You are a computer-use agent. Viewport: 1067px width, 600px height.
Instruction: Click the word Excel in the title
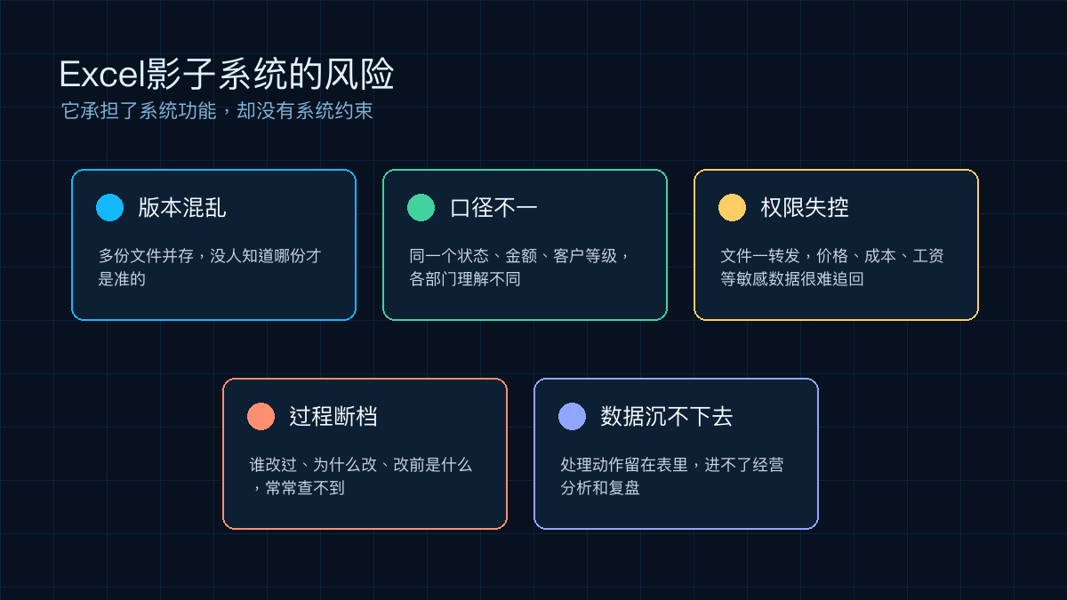click(x=102, y=75)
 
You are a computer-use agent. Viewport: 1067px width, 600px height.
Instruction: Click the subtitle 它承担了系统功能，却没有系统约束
click(x=217, y=111)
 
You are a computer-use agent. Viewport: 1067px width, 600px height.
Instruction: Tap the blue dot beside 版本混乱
click(x=109, y=208)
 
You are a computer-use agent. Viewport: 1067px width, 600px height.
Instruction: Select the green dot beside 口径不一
click(x=421, y=208)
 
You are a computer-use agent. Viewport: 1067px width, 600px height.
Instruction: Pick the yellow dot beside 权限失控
click(x=732, y=208)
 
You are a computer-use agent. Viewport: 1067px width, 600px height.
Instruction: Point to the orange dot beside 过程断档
click(x=261, y=416)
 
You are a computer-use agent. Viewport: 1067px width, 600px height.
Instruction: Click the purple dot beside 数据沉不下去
click(x=572, y=416)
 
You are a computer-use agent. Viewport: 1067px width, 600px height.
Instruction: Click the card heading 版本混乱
click(x=182, y=208)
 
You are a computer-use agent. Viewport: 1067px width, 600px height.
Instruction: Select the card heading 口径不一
click(x=493, y=208)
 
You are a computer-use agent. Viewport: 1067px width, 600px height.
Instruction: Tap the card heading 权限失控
click(x=805, y=208)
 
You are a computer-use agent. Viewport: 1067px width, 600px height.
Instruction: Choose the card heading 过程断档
click(x=333, y=416)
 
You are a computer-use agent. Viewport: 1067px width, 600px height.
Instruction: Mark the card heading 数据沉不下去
click(x=666, y=416)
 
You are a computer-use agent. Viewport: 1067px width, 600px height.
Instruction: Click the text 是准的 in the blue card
click(x=122, y=279)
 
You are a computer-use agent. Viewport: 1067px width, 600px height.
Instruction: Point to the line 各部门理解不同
click(x=465, y=279)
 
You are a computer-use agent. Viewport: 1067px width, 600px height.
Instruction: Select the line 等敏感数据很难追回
click(x=791, y=279)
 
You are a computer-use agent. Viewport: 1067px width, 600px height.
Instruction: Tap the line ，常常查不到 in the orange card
click(x=297, y=488)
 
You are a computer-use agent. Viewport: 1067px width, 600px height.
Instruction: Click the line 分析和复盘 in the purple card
click(x=599, y=488)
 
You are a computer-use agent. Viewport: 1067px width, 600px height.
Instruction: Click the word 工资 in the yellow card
click(x=928, y=256)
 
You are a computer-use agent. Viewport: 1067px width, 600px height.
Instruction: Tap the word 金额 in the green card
click(x=521, y=256)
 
